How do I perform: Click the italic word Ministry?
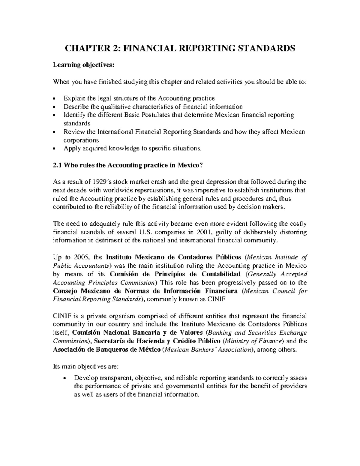237,341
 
